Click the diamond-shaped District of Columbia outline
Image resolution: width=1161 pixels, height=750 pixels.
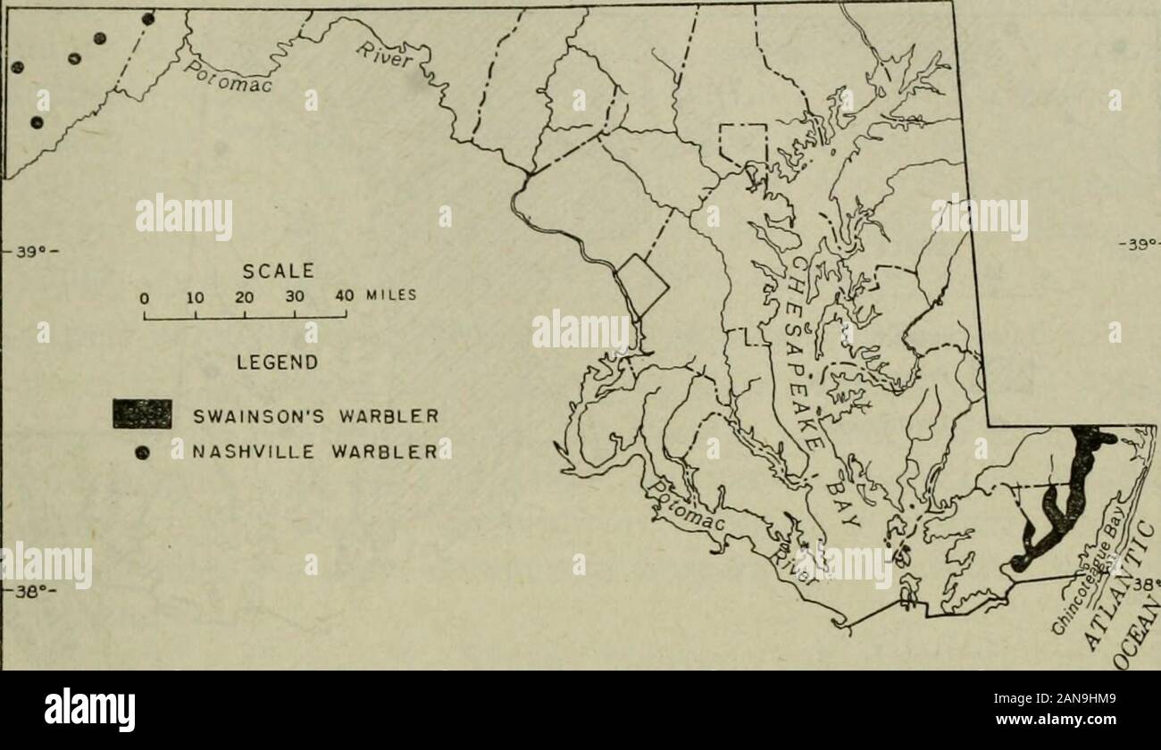(x=643, y=286)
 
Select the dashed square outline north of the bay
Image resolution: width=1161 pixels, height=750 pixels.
(x=744, y=143)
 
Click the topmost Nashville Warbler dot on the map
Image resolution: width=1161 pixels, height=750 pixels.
(x=148, y=20)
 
